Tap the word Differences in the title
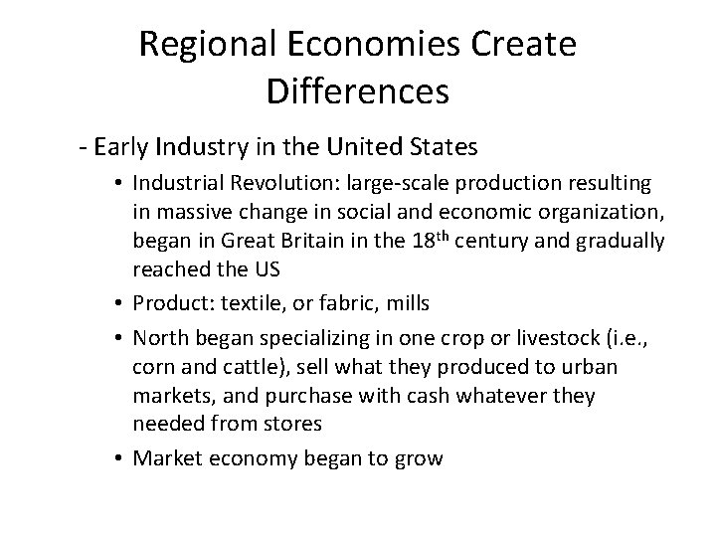point(358,92)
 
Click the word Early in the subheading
point(123,148)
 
